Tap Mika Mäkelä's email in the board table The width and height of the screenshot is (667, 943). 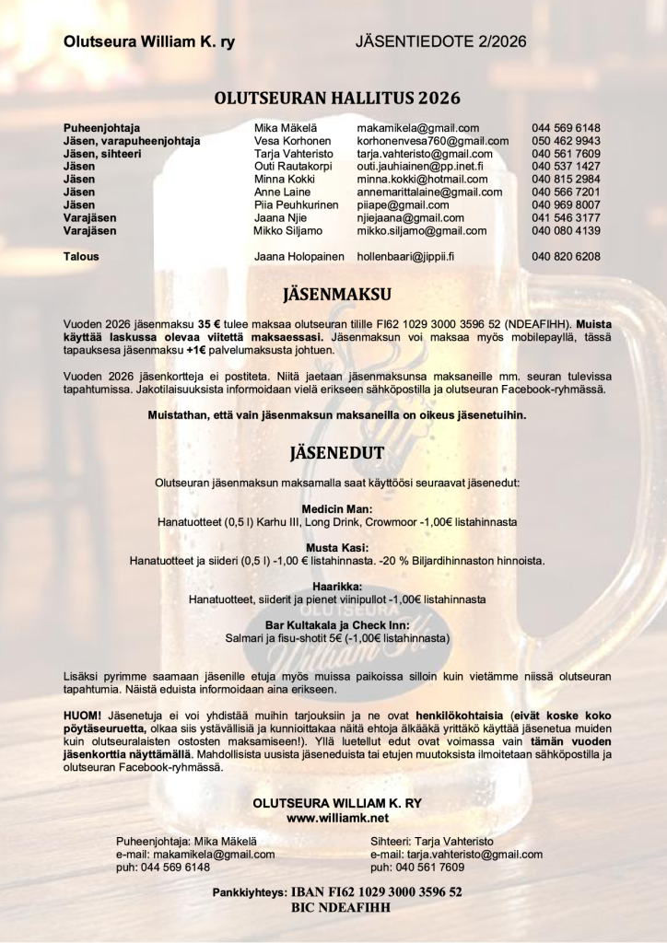click(417, 128)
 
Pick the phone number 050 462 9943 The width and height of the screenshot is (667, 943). click(566, 141)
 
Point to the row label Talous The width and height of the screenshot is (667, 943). click(81, 256)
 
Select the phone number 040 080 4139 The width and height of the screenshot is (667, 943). click(566, 230)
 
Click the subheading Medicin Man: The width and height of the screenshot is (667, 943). click(336, 508)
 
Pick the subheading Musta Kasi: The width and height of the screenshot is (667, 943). click(336, 547)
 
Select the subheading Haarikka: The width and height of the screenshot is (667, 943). click(336, 586)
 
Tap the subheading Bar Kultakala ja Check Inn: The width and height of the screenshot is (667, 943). click(336, 624)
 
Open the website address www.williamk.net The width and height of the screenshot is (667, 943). click(337, 817)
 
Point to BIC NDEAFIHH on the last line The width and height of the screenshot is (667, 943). click(337, 906)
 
